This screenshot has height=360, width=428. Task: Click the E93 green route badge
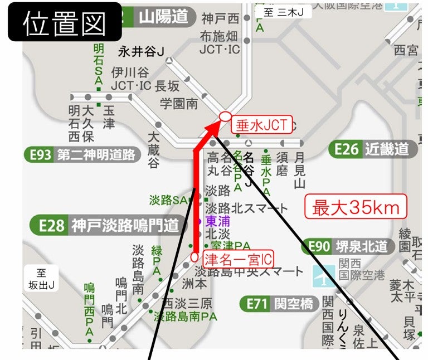41,154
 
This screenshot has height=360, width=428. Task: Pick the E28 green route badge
49,225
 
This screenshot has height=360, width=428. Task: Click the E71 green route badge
256,304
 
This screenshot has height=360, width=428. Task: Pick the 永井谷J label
141,52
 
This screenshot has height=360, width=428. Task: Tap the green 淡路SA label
168,200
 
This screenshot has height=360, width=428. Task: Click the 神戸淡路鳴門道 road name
125,225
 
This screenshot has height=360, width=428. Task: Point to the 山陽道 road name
163,17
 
